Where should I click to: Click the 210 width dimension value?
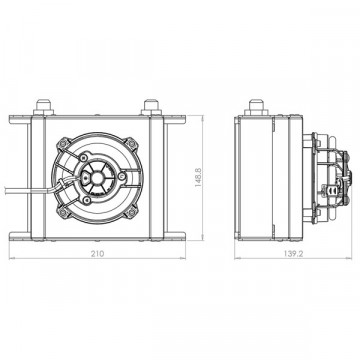tap(98, 254)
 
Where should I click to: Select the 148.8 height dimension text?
tap(199, 178)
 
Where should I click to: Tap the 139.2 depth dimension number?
tap(293, 254)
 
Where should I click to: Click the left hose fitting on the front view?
tap(44, 107)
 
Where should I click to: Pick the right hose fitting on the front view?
tap(151, 107)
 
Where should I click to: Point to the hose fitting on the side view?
tap(256, 107)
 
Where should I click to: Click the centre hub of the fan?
tap(97, 177)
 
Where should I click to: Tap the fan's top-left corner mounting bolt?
tap(62, 144)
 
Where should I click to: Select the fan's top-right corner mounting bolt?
tap(132, 144)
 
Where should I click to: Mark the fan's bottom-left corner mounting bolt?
tap(62, 211)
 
